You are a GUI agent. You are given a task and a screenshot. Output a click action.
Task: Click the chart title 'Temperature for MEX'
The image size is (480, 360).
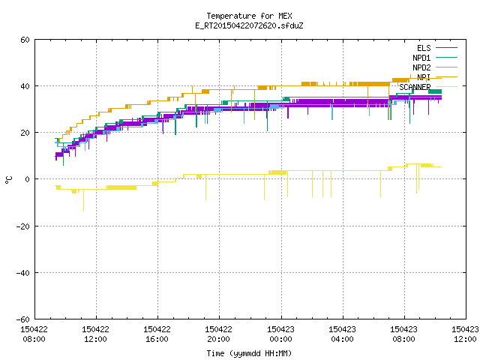point(249,16)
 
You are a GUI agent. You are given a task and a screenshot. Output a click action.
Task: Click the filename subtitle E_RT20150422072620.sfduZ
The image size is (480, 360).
point(249,25)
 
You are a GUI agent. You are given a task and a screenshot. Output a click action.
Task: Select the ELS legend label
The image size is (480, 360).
point(424,48)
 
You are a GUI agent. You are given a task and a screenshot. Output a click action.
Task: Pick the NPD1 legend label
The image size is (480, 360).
point(421,58)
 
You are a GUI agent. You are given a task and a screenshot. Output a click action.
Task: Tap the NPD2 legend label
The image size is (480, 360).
point(421,67)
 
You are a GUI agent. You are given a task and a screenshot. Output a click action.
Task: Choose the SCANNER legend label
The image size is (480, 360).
point(415,87)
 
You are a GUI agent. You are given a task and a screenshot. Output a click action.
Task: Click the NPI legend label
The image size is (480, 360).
point(424,77)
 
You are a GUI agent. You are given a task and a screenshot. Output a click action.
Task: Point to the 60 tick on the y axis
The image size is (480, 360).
point(25,40)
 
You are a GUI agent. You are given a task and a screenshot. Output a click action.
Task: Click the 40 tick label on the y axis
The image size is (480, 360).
point(25,86)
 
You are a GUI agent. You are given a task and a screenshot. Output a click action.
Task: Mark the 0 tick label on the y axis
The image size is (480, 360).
point(28,179)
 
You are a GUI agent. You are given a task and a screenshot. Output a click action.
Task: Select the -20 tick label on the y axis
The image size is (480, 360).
point(23,226)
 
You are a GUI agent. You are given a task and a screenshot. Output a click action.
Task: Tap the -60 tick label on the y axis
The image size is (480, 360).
point(23,319)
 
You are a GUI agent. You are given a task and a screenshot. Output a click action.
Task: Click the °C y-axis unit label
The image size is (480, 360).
point(8,180)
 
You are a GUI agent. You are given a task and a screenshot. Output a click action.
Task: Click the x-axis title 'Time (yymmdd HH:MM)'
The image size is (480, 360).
point(249,353)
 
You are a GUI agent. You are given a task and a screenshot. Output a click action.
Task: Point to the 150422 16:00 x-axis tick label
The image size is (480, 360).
point(157,334)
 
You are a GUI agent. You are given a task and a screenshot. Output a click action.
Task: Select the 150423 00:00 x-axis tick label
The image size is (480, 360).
point(280,334)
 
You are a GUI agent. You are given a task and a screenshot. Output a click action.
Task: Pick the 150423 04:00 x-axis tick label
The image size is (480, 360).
point(342,334)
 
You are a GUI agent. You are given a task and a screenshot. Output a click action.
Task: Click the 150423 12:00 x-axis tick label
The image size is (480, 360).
point(465,334)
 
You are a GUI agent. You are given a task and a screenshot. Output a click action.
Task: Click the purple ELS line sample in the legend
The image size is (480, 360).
point(447,48)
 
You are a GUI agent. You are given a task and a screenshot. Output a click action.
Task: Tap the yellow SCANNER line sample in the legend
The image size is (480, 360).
point(447,87)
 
